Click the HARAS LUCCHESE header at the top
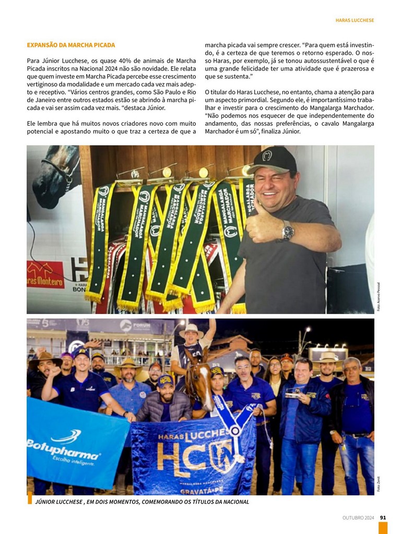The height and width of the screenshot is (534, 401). coord(355,20)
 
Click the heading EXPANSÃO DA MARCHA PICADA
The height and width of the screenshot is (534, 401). coord(71,45)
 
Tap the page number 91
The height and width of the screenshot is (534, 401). coord(383,517)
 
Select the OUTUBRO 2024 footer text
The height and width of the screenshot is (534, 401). coord(358,517)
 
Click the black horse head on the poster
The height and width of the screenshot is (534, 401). coord(55,175)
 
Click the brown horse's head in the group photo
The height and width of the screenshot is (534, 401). coord(199,380)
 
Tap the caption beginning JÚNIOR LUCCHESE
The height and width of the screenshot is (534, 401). coord(141,502)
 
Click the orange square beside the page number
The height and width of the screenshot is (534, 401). coord(383,528)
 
